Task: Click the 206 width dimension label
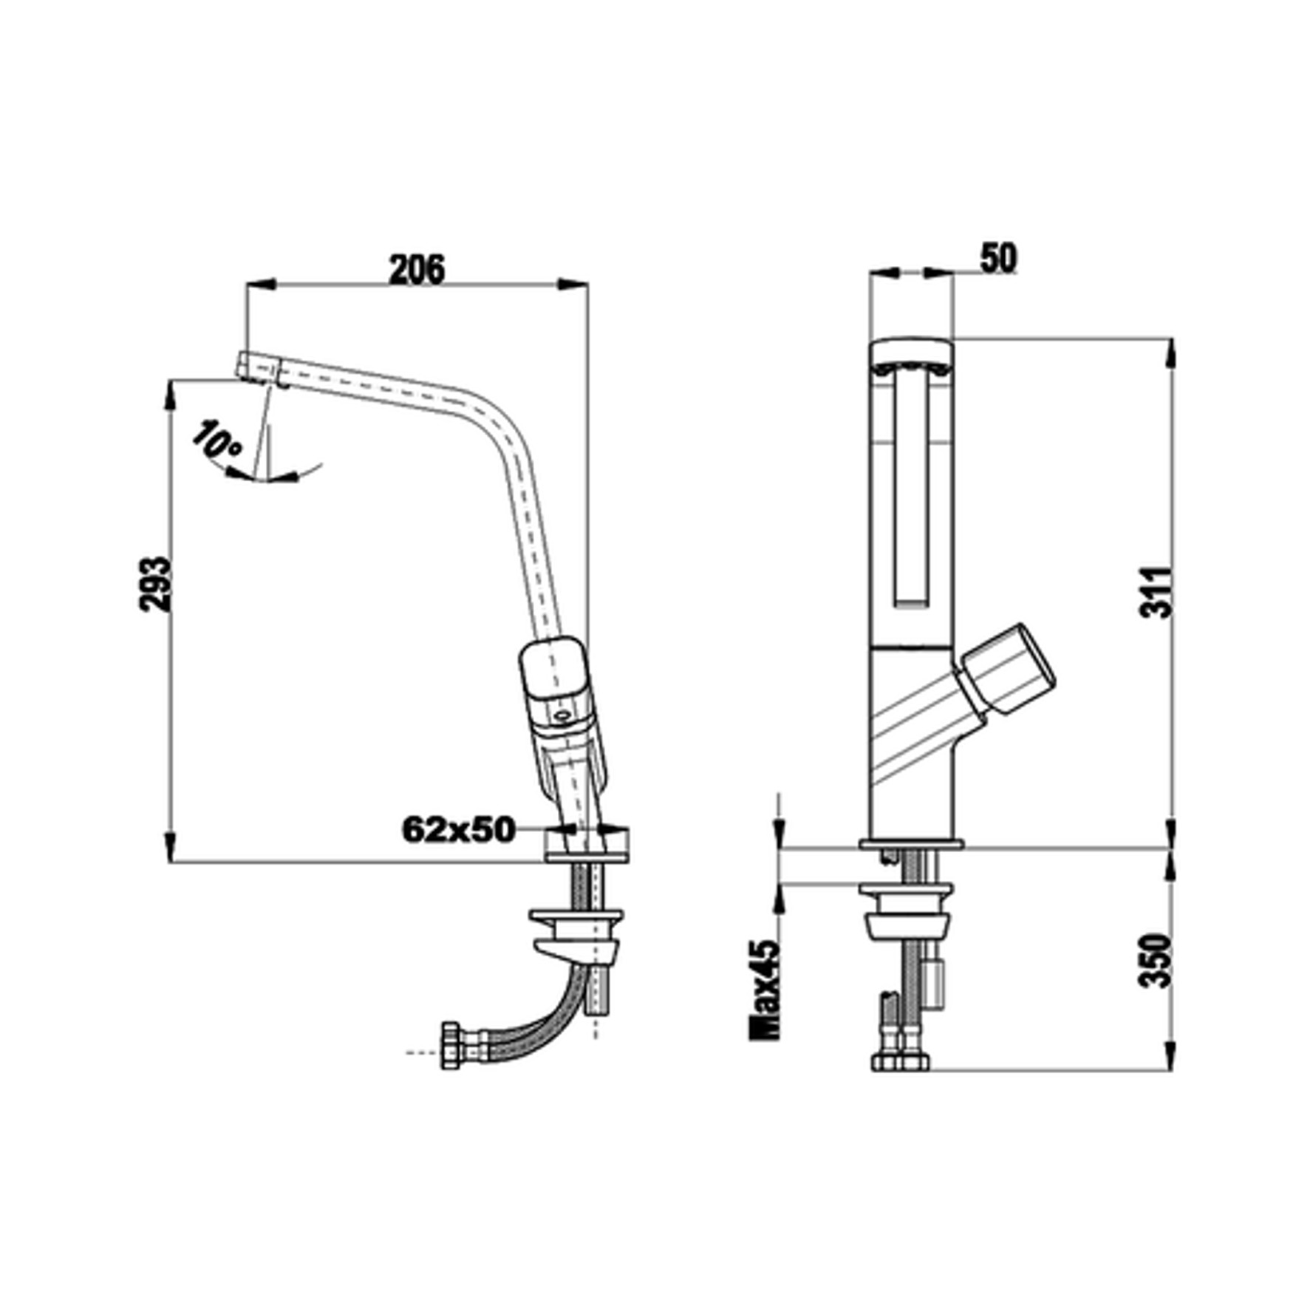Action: tap(417, 270)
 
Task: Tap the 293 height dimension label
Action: tap(155, 585)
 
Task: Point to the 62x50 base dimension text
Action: tap(458, 830)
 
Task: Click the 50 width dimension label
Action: tap(998, 259)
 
